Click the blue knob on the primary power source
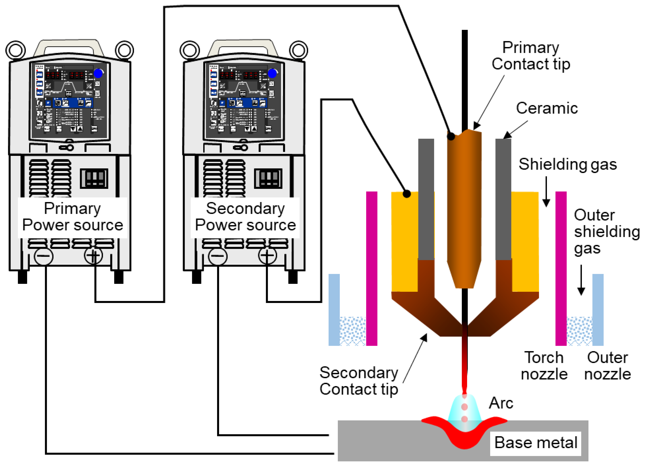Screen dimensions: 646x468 tap(98, 73)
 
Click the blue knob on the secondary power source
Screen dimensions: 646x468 tap(272, 73)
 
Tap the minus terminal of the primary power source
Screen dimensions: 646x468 tap(43, 256)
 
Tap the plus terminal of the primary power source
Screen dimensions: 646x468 tap(93, 256)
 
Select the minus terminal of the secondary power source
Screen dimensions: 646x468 tap(218, 256)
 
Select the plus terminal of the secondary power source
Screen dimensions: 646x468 tap(267, 256)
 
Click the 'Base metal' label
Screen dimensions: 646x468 tap(536, 442)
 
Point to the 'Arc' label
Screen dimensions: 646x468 tap(501, 403)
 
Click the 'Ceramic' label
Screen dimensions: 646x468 tap(547, 108)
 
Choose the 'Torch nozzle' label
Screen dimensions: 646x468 tap(544, 366)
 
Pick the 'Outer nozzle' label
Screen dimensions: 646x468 tap(608, 366)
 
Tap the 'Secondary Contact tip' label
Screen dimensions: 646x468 tap(359, 381)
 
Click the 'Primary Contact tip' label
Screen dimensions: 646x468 tap(531, 56)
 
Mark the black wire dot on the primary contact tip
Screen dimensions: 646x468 tap(451, 136)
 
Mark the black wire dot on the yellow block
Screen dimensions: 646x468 tap(407, 194)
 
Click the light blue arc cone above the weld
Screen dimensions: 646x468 tap(465, 410)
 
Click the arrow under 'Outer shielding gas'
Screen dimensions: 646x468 tap(581, 280)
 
